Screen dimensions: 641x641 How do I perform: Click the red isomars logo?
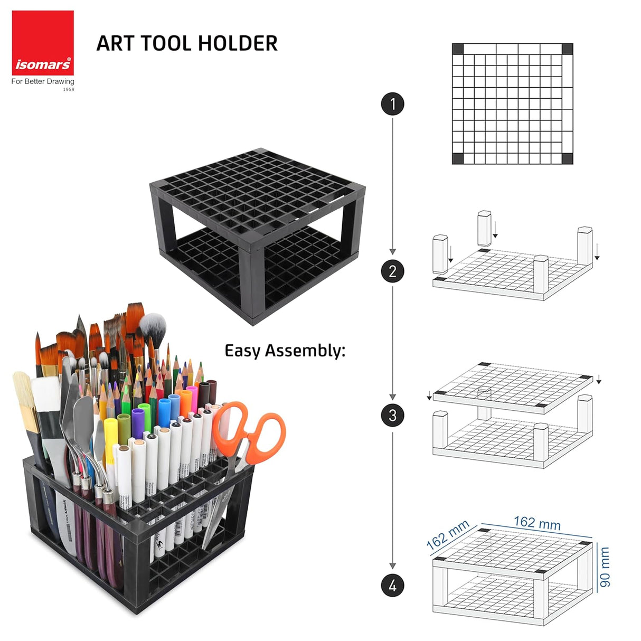click(x=43, y=43)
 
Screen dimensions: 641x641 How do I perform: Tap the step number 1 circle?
click(x=392, y=104)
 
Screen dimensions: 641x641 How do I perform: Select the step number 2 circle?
click(x=392, y=271)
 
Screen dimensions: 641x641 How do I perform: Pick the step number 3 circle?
click(x=392, y=415)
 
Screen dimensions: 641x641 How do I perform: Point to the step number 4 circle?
click(x=392, y=586)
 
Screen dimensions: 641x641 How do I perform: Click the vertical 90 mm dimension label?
click(x=605, y=567)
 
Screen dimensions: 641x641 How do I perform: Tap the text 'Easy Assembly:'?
click(x=285, y=351)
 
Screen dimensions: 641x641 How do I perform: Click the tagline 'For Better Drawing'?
click(x=43, y=81)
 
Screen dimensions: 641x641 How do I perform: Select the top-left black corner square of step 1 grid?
click(x=458, y=49)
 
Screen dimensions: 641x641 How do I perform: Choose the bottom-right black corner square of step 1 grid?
click(x=567, y=158)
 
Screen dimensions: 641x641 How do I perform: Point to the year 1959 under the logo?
click(x=69, y=90)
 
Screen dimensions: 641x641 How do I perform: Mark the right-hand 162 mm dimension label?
click(x=537, y=523)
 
